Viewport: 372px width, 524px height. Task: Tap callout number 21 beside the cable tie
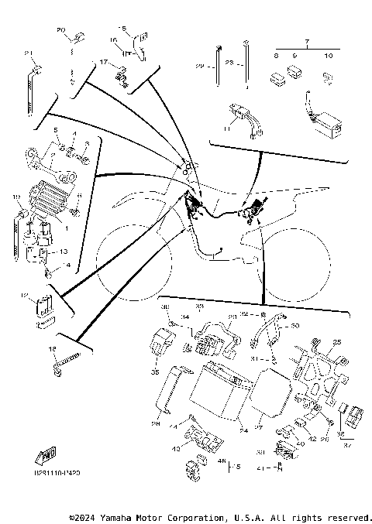(29, 53)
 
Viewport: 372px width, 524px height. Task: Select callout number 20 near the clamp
(61, 29)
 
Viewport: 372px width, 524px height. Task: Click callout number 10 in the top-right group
(328, 56)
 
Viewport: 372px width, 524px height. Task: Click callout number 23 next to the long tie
(229, 61)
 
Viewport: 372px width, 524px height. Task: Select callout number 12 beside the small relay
(24, 295)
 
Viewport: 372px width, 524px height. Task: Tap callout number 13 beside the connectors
(64, 252)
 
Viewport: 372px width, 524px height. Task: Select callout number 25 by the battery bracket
(336, 341)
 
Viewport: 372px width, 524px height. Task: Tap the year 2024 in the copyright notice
(85, 516)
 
